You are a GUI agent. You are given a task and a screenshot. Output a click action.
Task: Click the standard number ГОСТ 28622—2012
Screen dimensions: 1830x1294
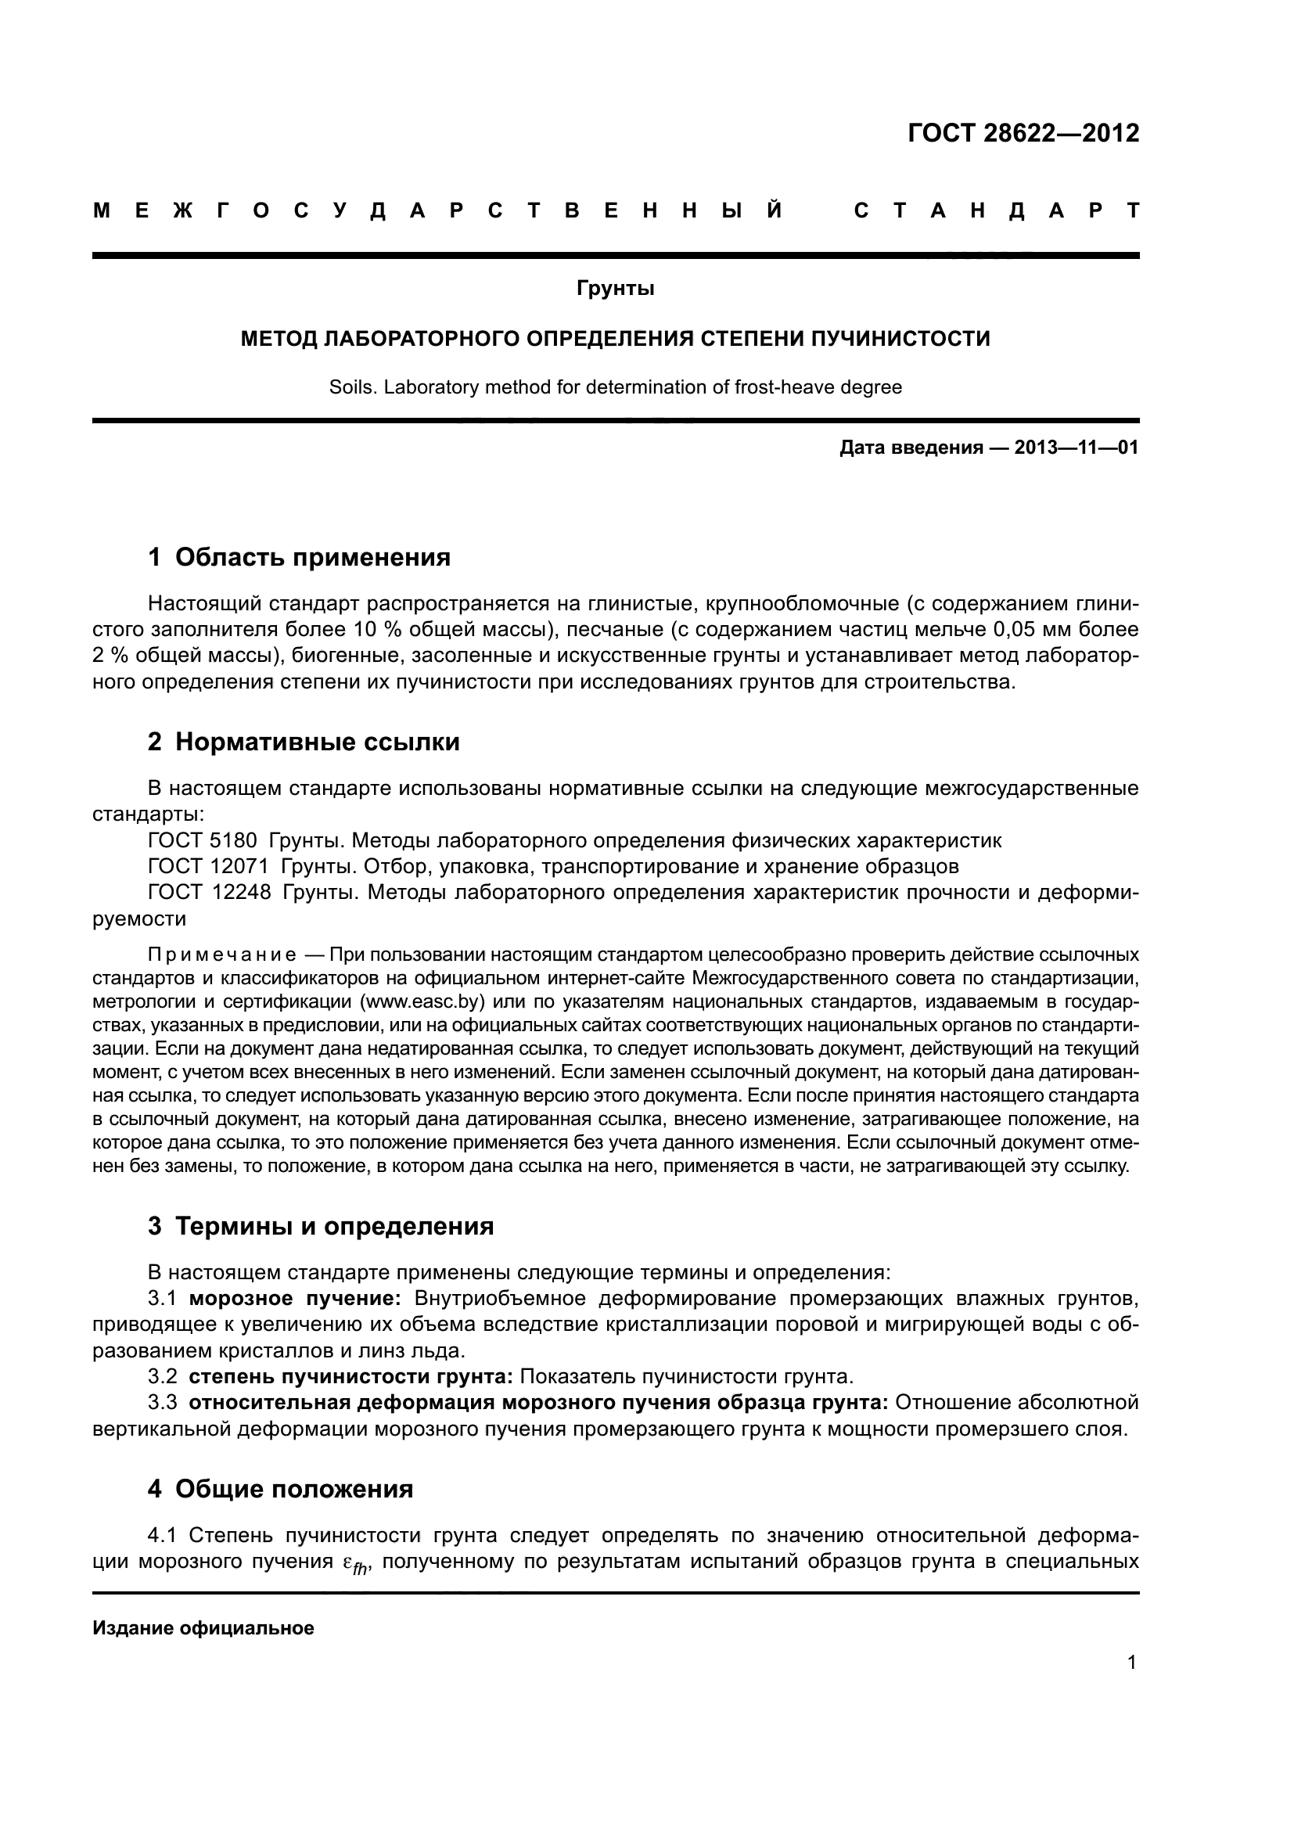pos(1023,133)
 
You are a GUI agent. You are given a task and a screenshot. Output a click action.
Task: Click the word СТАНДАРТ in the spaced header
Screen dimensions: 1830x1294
pos(996,211)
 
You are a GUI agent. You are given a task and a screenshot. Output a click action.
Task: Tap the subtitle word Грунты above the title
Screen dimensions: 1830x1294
pos(615,289)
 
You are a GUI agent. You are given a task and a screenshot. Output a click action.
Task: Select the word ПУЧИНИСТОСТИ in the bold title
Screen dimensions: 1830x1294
pos(900,339)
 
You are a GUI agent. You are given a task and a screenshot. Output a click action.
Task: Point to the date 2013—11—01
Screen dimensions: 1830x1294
pos(1076,448)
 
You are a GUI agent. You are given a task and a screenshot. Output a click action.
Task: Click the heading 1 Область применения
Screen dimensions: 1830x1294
pos(300,557)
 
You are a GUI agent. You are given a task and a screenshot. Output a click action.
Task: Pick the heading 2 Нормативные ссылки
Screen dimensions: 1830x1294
pos(304,742)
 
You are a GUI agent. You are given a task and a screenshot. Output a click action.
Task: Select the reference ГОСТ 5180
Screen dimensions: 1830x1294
pos(203,840)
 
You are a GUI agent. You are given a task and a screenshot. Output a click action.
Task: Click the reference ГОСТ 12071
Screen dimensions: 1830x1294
pos(208,865)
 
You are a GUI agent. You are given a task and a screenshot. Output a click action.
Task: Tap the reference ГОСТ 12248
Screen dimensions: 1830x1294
pos(209,892)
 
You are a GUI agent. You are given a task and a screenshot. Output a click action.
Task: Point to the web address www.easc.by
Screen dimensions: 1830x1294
pos(422,1001)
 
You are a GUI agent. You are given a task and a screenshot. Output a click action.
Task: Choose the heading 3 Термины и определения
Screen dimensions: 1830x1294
pos(320,1226)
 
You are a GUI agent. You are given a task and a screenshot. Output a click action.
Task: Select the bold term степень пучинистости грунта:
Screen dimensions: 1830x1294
pos(350,1376)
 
